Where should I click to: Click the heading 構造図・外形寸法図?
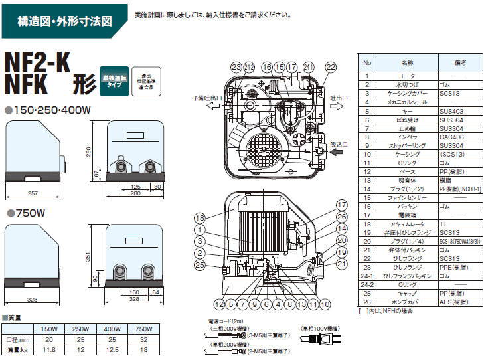(64, 21)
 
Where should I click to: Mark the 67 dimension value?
(96, 173)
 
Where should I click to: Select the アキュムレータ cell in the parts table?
(407, 225)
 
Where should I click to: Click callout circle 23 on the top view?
(236, 66)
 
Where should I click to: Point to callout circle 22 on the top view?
(330, 66)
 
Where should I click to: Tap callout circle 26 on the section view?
(341, 216)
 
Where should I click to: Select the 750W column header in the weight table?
(143, 329)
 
